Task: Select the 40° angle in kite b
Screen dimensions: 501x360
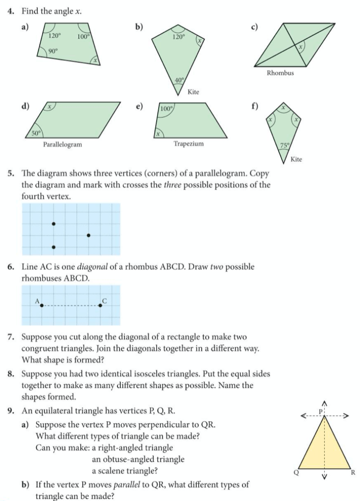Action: (180, 80)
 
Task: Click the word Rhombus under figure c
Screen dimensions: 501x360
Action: (280, 73)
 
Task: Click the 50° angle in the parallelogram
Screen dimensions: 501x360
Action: (36, 132)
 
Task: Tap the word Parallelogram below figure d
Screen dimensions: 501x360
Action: (62, 144)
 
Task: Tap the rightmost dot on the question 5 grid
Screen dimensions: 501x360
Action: (88, 236)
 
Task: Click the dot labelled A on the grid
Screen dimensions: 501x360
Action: (42, 305)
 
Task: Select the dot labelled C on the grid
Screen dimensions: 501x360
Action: (100, 305)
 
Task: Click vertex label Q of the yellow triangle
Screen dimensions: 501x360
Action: (295, 472)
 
